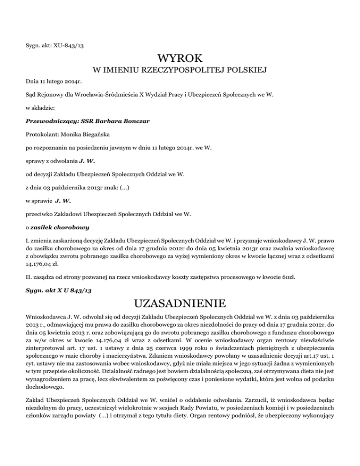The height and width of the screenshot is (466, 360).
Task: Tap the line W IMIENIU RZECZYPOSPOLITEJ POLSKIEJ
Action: (x=180, y=71)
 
